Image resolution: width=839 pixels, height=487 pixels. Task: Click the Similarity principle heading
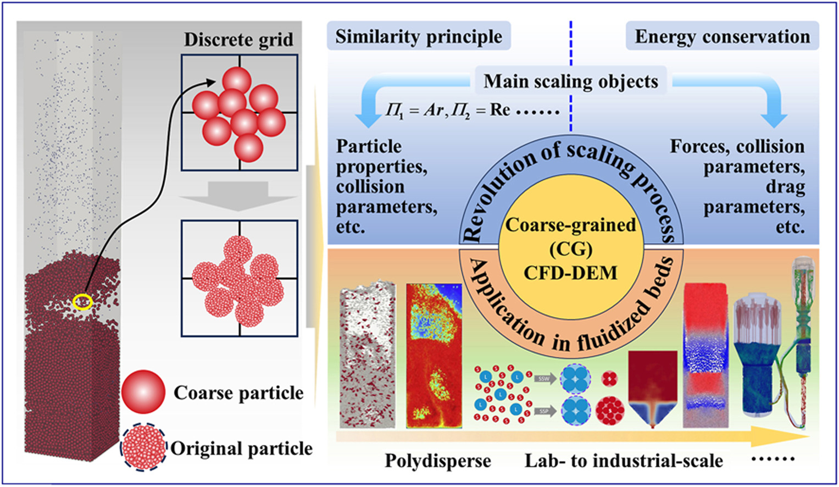click(419, 37)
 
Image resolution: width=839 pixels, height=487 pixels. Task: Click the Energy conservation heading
click(722, 37)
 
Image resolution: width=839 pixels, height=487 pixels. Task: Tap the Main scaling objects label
click(570, 81)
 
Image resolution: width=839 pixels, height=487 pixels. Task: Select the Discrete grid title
click(238, 40)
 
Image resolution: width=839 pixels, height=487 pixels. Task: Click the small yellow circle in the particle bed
click(83, 301)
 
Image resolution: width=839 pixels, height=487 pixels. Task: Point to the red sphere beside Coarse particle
click(143, 392)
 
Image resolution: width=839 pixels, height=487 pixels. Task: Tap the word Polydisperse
click(437, 461)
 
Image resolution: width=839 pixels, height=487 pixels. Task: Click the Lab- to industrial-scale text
click(624, 461)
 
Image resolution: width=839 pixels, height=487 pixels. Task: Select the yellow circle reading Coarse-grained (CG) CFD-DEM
click(570, 248)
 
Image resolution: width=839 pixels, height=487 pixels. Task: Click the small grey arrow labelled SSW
click(544, 379)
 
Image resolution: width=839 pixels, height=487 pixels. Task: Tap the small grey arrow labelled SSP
click(544, 411)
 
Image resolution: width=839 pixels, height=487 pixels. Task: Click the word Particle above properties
click(369, 146)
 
